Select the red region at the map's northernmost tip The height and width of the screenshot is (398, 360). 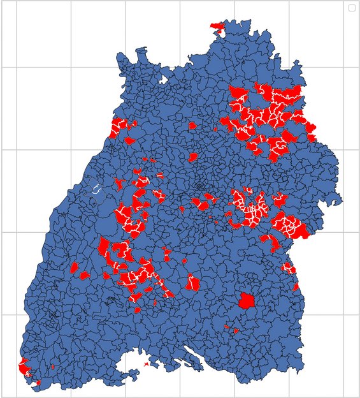click(217, 26)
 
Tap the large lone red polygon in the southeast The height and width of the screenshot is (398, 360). click(246, 300)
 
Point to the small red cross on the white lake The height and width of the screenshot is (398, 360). click(147, 364)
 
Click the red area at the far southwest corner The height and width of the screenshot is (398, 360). click(24, 369)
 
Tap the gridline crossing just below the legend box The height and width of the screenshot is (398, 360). click(344, 67)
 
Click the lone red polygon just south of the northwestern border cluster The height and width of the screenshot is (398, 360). click(130, 140)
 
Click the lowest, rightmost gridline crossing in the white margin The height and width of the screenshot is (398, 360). click(344, 314)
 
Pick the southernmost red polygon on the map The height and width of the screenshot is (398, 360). click(38, 383)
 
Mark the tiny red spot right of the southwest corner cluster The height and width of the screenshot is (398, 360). click(52, 367)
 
